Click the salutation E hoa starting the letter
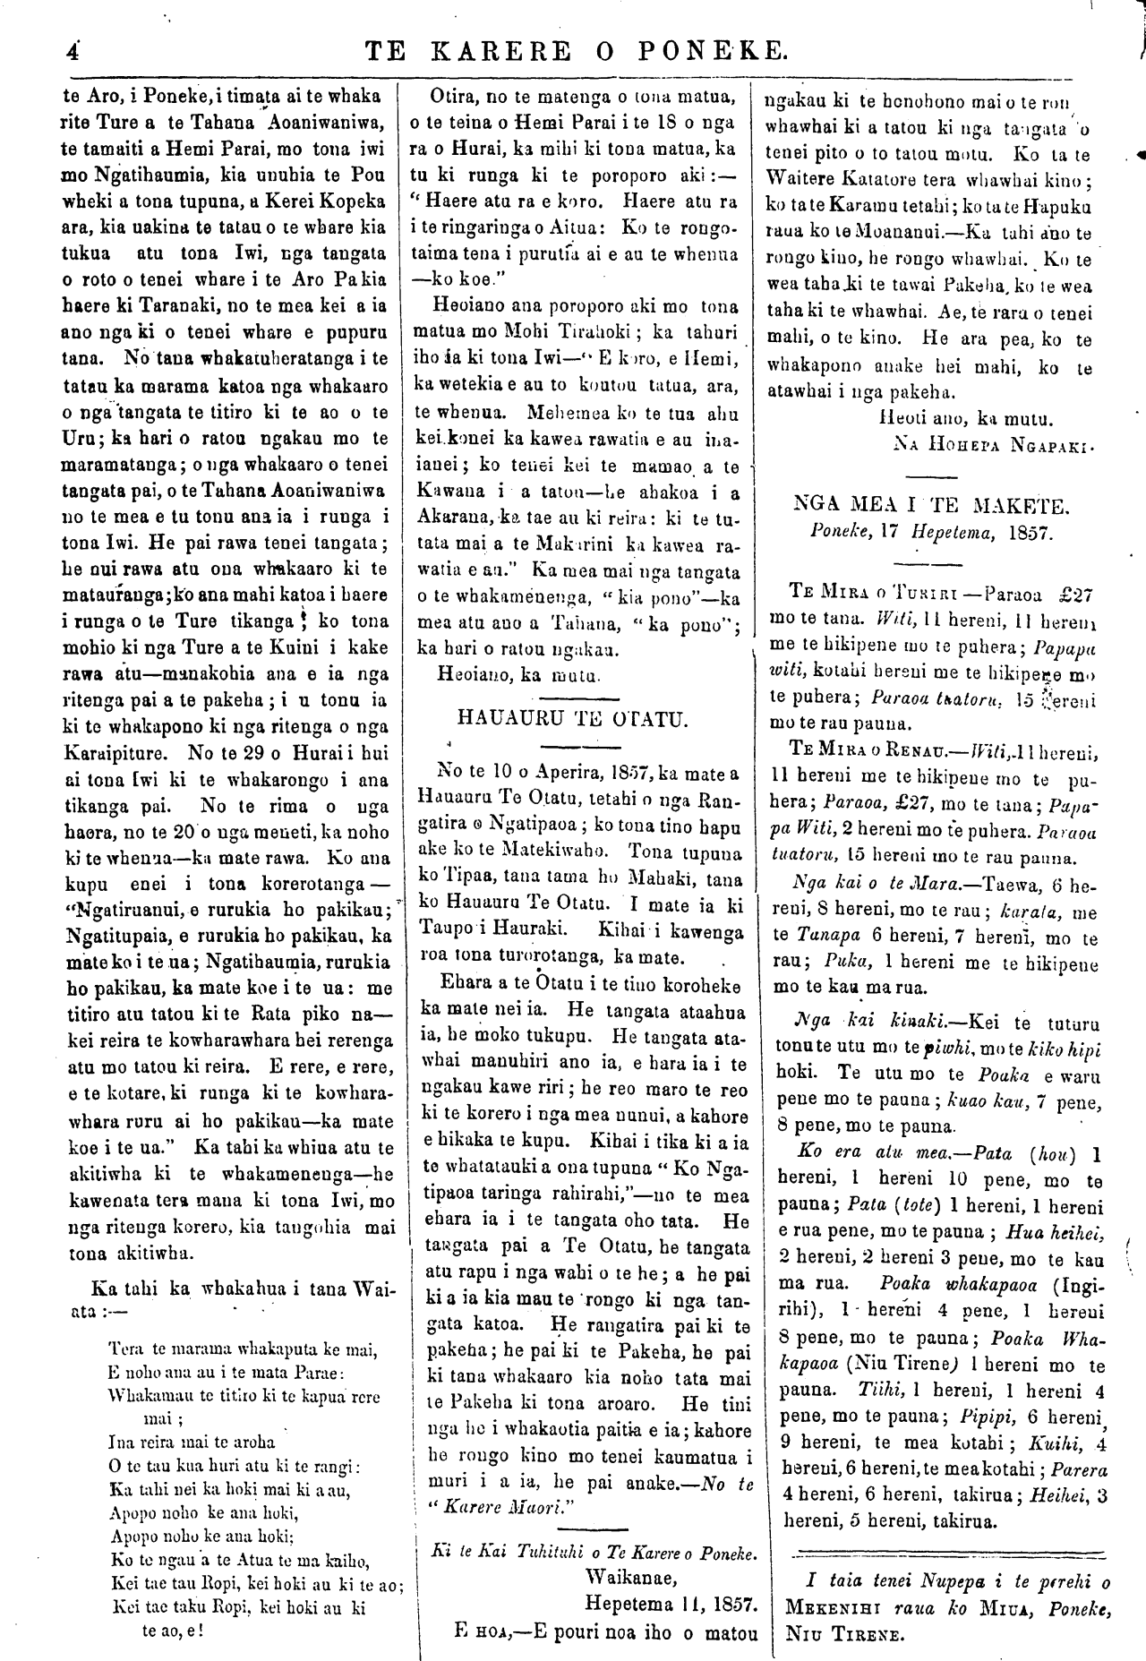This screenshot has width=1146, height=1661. [483, 1631]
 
